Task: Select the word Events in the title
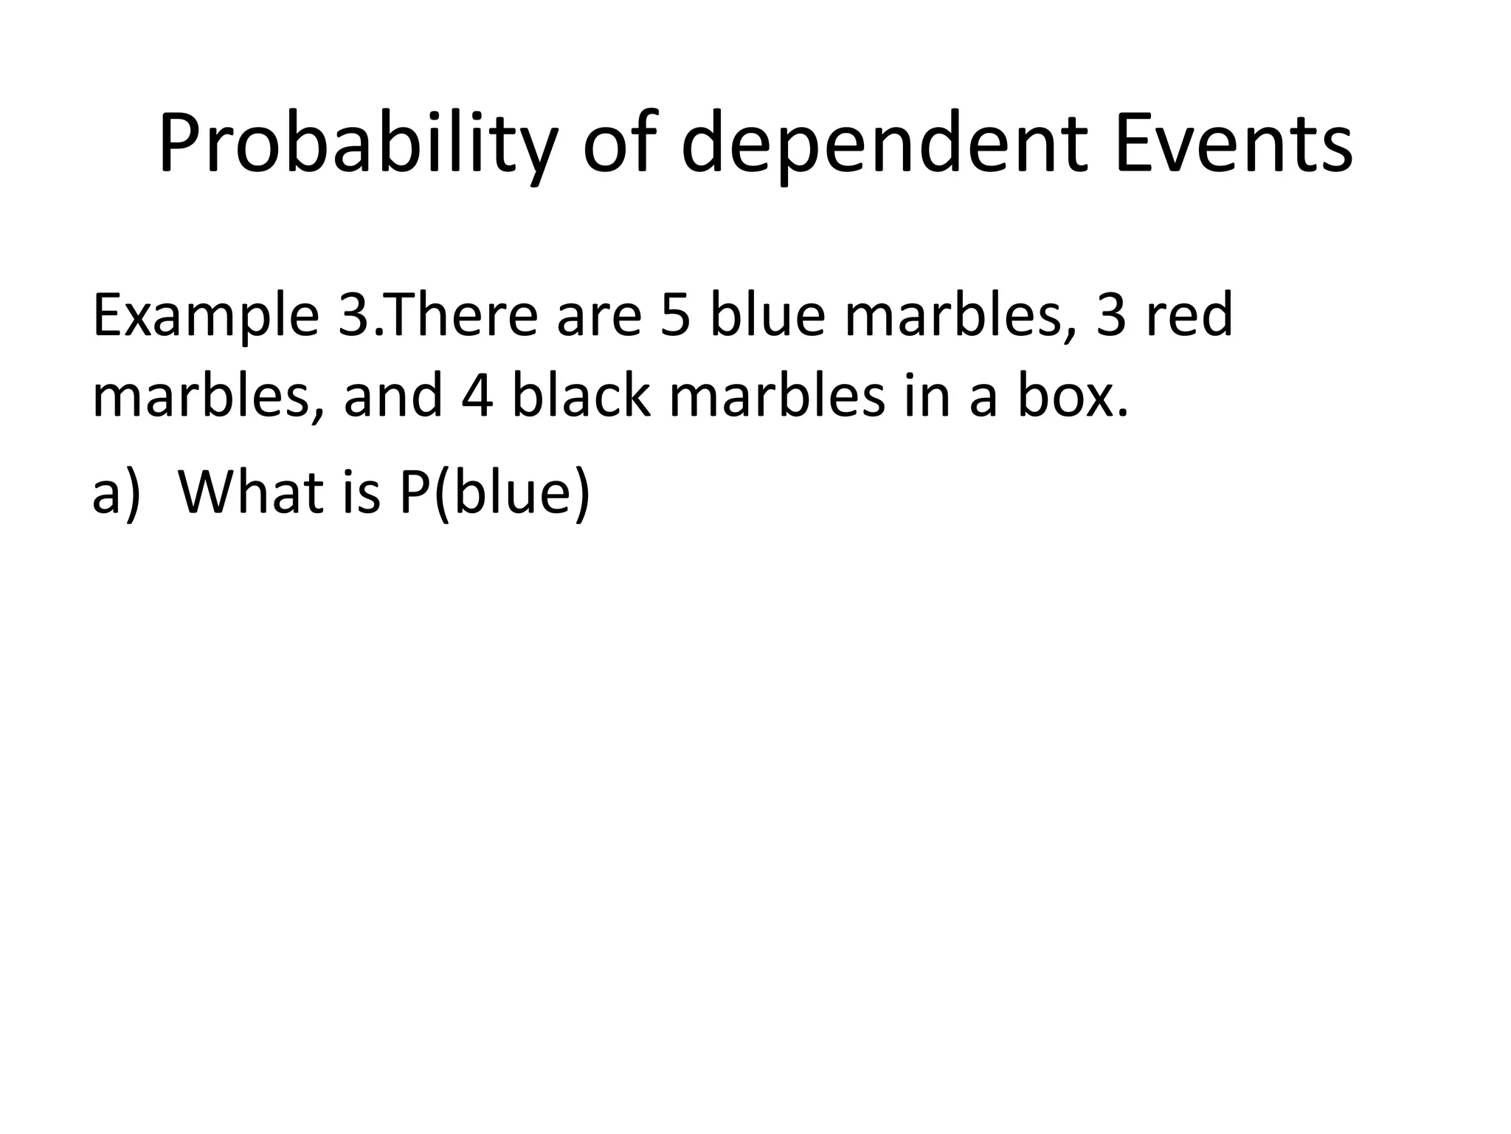[1234, 144]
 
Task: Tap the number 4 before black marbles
[477, 396]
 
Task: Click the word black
[582, 394]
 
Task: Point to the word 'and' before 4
[393, 396]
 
